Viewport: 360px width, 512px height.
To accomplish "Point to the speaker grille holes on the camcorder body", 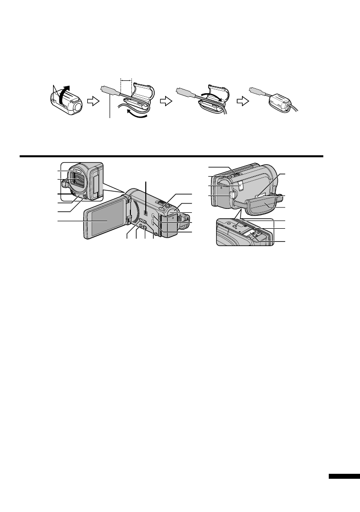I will click(146, 211).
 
